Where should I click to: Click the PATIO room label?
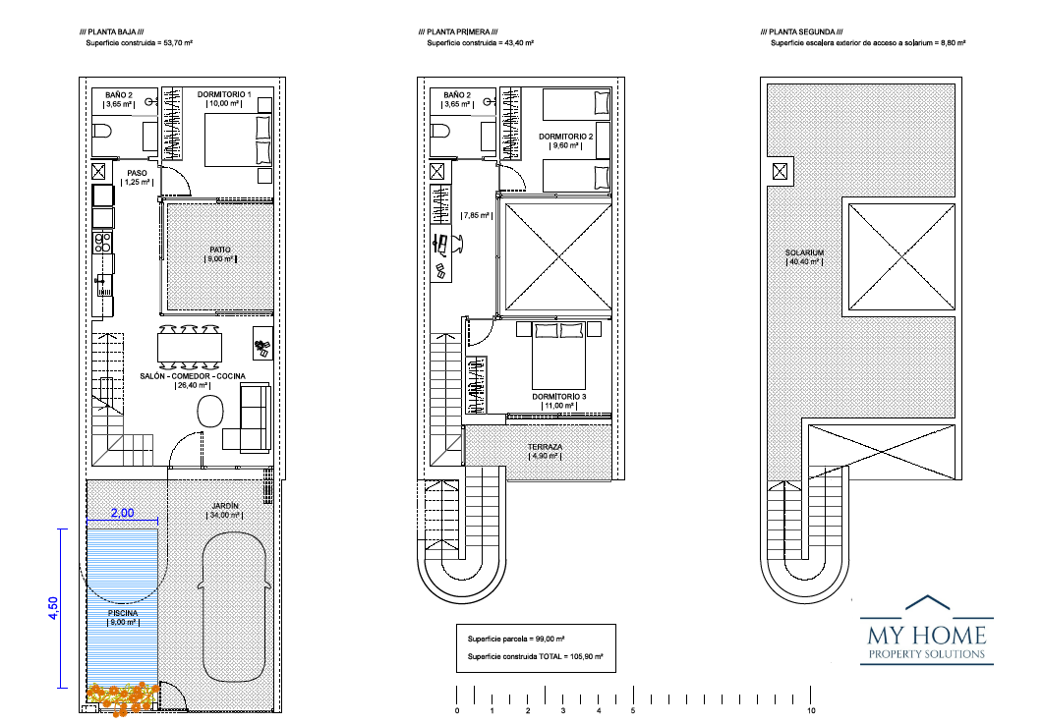[220, 250]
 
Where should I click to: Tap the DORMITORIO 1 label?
[224, 94]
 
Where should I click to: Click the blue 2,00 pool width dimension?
[123, 513]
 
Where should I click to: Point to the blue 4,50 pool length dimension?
[53, 608]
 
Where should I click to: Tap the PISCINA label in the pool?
[123, 613]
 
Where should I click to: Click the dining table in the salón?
[190, 347]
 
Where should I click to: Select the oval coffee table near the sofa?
[211, 412]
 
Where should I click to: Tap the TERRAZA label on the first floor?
[546, 447]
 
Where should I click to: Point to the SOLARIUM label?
[805, 252]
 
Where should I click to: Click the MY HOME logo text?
[927, 635]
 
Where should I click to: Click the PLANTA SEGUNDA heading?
[802, 31]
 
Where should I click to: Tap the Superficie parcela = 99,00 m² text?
[516, 639]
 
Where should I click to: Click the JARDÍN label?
[225, 506]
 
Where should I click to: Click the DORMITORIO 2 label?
[566, 137]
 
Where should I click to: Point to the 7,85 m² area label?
[476, 215]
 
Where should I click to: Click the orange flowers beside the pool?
[123, 697]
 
